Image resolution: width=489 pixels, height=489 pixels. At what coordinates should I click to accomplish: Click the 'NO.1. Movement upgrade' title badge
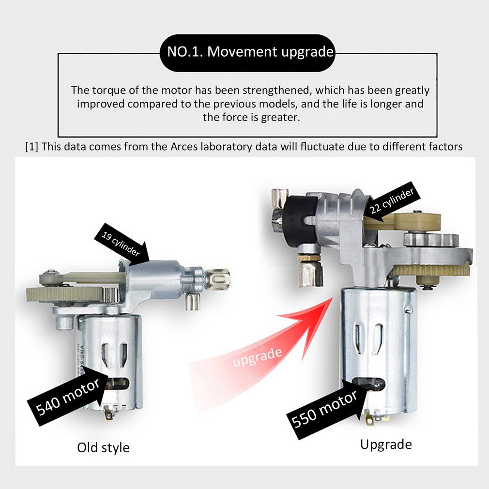click(247, 53)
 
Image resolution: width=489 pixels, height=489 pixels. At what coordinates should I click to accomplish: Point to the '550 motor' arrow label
click(326, 409)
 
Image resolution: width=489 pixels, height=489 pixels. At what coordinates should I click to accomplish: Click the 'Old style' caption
click(103, 447)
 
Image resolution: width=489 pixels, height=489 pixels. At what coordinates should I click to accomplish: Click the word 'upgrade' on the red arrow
click(258, 357)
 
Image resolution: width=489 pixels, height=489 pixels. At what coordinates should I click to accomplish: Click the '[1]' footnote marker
click(31, 147)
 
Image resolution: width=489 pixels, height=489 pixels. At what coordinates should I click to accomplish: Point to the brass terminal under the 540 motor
click(108, 413)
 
